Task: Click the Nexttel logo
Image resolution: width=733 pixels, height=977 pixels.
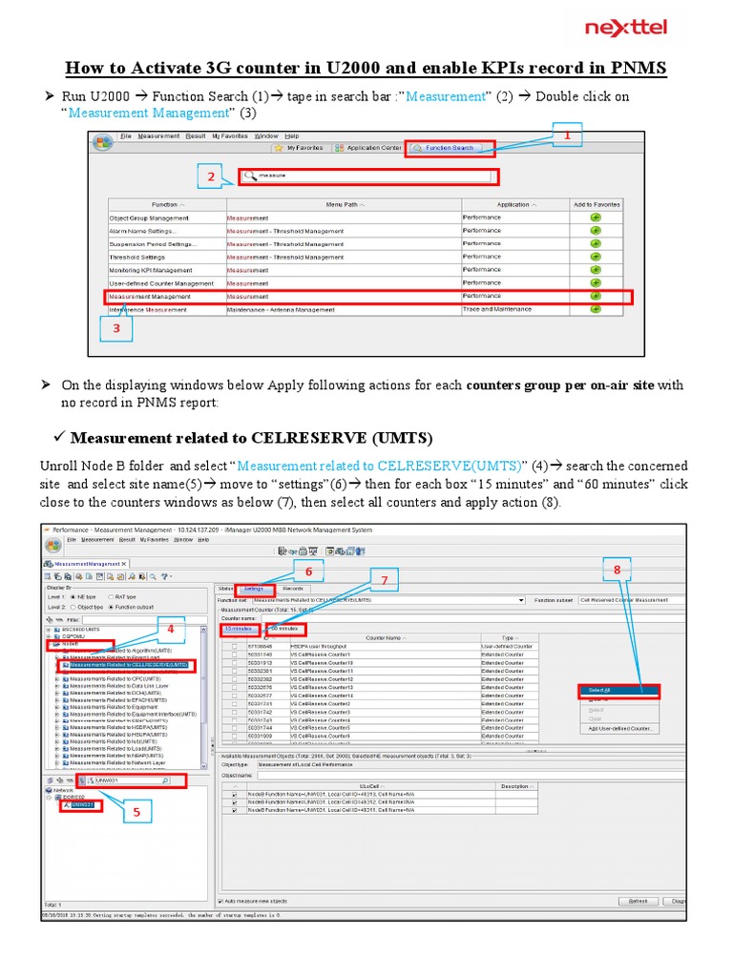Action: coord(626,28)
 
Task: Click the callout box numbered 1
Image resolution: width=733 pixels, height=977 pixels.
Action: coord(566,136)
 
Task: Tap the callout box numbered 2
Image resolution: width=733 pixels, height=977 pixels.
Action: coord(212,177)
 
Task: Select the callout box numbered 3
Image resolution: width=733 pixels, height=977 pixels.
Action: coord(116,327)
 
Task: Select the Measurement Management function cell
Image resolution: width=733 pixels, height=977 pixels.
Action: coord(166,297)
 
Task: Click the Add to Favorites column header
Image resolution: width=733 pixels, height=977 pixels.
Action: coord(596,204)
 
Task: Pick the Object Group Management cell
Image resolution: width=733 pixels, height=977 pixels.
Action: coord(166,218)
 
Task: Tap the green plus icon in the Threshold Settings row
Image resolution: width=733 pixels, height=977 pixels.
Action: coord(596,257)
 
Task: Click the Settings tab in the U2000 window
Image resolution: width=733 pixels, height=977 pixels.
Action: coord(254,589)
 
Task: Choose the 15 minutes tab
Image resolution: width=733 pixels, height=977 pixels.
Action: coord(239,630)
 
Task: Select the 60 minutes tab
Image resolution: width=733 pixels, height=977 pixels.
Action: coord(285,630)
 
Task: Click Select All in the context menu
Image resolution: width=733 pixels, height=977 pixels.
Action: coord(599,689)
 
